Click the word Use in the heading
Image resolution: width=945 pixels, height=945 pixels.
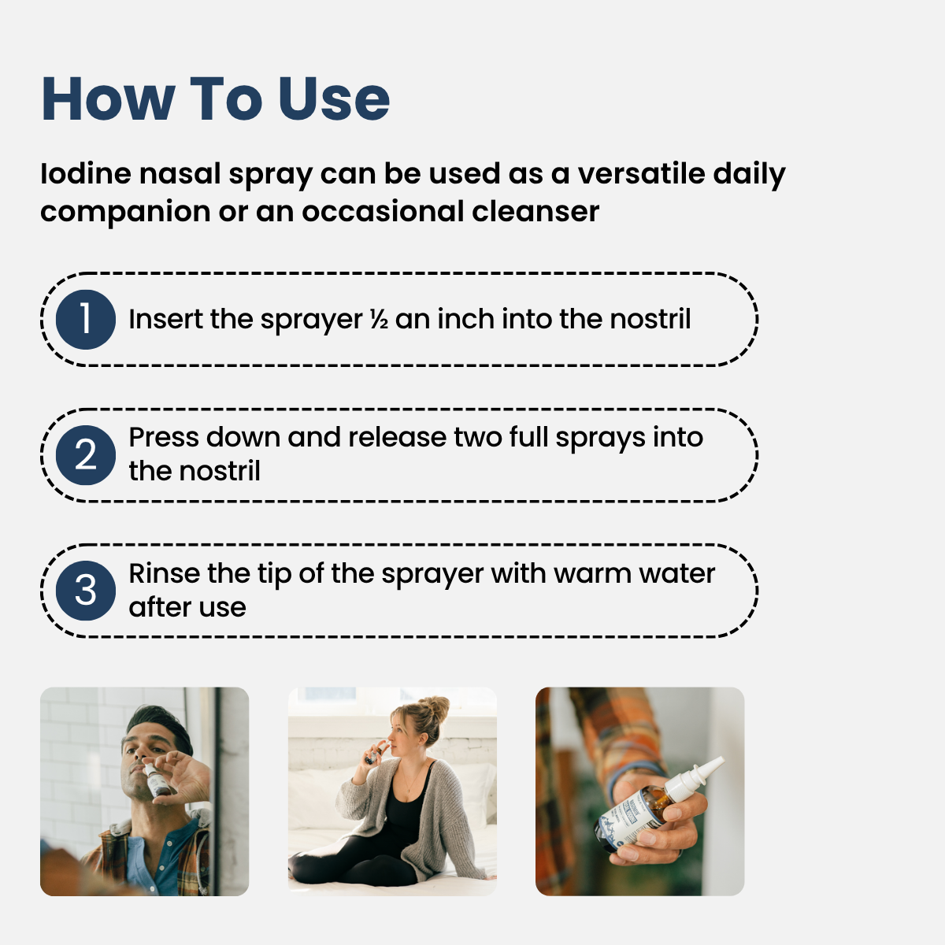[x=334, y=100]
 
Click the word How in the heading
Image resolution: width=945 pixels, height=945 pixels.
[x=108, y=100]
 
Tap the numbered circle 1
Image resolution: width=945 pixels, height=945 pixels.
[x=86, y=320]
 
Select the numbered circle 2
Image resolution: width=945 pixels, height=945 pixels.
[x=86, y=455]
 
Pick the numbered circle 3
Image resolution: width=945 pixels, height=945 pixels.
[x=86, y=591]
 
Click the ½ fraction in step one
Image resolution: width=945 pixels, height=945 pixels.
[x=379, y=321]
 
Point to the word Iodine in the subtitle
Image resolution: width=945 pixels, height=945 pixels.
[x=85, y=174]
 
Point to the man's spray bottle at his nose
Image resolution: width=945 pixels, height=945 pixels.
[x=157, y=780]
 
